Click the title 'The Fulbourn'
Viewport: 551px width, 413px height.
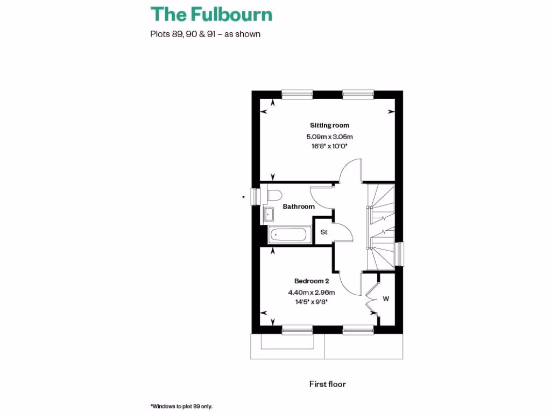[x=211, y=14]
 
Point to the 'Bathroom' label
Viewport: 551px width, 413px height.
[x=299, y=206]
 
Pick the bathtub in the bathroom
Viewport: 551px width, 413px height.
[x=289, y=234]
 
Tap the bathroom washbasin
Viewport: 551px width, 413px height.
[x=269, y=215]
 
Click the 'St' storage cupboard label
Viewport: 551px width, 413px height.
[x=324, y=232]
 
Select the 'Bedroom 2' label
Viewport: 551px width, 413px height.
[x=311, y=281]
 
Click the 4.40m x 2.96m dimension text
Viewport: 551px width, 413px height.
[x=311, y=293]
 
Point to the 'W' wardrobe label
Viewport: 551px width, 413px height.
[x=386, y=298]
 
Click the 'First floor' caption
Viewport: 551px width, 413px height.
[x=327, y=384]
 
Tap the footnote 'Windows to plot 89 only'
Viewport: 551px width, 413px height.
[x=185, y=407]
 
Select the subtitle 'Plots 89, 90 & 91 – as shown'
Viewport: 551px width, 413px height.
[x=205, y=34]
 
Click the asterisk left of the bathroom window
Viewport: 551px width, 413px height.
[x=244, y=198]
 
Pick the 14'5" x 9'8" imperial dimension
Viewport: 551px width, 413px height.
[x=311, y=302]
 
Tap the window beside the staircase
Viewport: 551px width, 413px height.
[x=400, y=253]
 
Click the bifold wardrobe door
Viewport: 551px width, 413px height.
[x=370, y=297]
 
